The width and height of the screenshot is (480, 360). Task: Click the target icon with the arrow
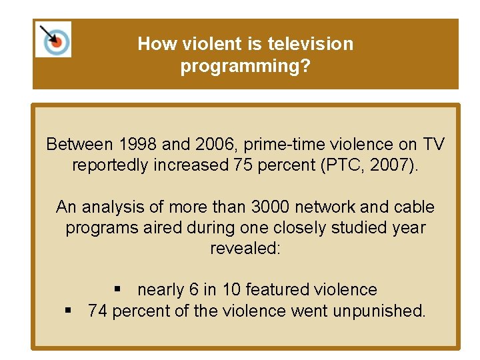tap(53, 40)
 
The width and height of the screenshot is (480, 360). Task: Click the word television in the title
tap(310, 44)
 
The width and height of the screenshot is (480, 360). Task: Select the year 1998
tap(136, 144)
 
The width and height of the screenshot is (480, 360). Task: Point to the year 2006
tap(213, 144)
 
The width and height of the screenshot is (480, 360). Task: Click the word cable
tap(410, 207)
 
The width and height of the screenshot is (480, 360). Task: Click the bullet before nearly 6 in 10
tap(118, 289)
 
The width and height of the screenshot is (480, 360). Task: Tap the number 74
tap(97, 310)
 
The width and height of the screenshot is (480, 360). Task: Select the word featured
tap(277, 289)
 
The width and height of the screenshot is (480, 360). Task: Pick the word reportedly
tap(113, 165)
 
